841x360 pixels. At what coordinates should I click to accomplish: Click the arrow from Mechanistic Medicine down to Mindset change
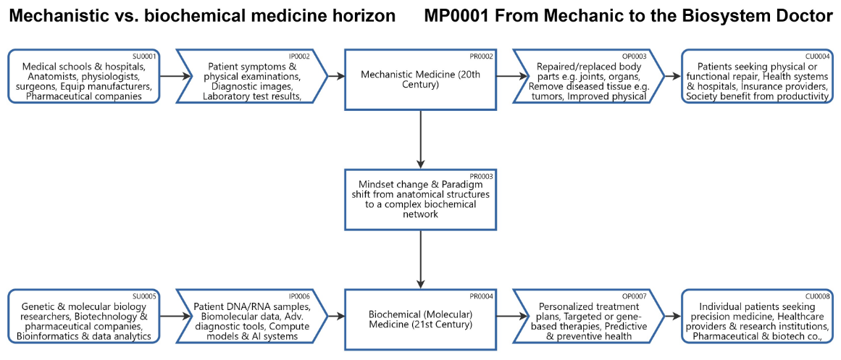(x=421, y=137)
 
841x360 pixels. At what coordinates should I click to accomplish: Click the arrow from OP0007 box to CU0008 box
(x=672, y=316)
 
